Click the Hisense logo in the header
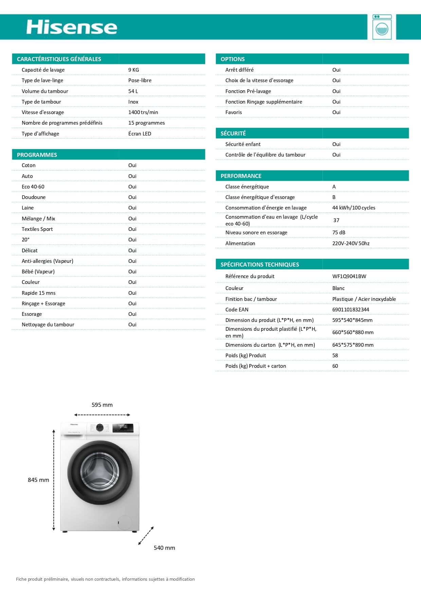72,27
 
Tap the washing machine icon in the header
382,27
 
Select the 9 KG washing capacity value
134,70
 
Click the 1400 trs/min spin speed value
143,112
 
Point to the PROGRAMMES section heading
37,155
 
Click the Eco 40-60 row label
33,186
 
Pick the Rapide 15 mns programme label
38,293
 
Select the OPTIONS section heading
233,59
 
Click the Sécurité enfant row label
243,144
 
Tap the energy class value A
334,186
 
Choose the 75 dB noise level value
338,232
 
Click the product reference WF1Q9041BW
349,276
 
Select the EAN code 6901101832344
350,309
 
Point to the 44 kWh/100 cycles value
353,207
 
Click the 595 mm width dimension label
102,405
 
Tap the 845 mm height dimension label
38,480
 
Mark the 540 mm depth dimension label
164,548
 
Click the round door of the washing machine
99,472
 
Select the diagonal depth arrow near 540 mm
146,536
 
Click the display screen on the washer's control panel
123,427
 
